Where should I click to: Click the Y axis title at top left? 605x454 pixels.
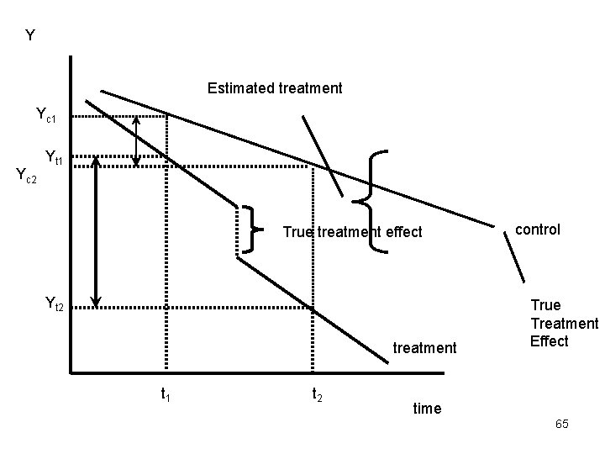(30, 35)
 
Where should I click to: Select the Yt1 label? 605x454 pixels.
(56, 156)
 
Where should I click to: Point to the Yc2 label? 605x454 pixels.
(28, 176)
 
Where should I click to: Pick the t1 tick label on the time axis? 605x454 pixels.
(166, 392)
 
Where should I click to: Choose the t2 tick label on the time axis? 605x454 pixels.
(318, 393)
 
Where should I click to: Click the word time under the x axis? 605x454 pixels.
(427, 408)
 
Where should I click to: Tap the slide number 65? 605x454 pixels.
(561, 425)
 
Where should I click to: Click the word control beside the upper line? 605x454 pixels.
(538, 229)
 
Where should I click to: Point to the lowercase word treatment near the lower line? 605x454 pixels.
(424, 347)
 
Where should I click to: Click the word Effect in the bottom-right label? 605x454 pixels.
(550, 340)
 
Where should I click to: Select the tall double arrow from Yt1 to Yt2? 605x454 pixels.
(97, 231)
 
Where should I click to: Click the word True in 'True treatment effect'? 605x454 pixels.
(297, 232)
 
